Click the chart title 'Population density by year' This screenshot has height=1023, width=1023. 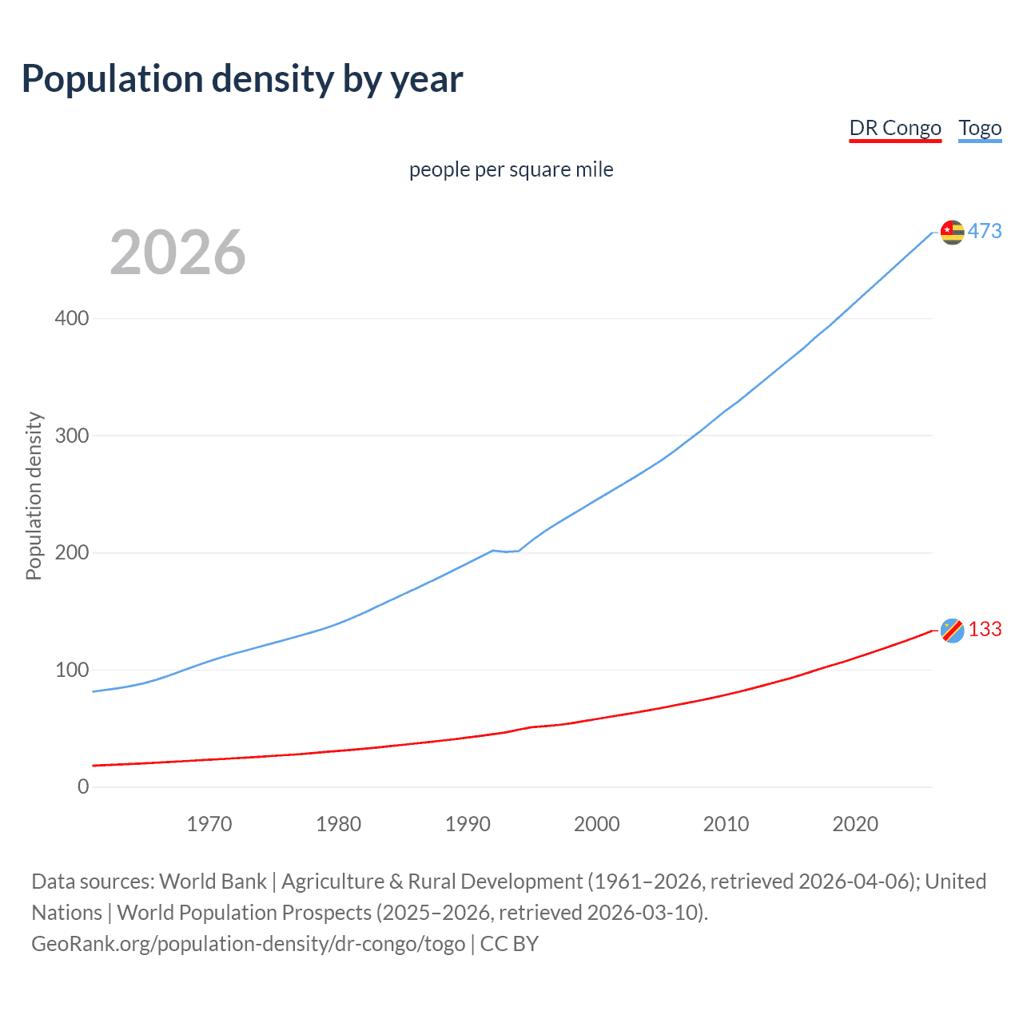tap(242, 79)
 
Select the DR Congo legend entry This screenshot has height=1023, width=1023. tap(894, 128)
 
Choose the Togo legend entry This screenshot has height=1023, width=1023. tap(980, 128)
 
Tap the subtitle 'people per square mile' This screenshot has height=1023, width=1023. tap(511, 169)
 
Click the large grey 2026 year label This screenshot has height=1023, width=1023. tap(177, 253)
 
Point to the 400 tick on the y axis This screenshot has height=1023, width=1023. tap(72, 318)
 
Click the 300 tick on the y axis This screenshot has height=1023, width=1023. tap(72, 436)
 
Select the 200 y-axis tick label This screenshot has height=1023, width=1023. tap(72, 552)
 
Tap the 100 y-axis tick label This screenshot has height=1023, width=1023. tap(72, 670)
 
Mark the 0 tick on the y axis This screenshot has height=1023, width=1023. tap(83, 786)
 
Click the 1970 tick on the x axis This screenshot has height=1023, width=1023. tap(209, 824)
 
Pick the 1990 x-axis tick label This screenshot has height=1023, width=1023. tap(468, 824)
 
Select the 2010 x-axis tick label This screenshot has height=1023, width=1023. tap(726, 824)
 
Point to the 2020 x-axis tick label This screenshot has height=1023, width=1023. tap(855, 824)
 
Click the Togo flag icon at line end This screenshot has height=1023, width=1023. tap(952, 232)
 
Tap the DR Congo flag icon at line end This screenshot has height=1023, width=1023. tap(952, 630)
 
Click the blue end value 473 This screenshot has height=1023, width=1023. tap(985, 231)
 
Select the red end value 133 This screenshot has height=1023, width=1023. tap(985, 629)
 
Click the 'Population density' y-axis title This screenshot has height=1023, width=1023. tap(34, 496)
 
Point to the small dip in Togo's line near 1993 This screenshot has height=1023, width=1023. tap(506, 551)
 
